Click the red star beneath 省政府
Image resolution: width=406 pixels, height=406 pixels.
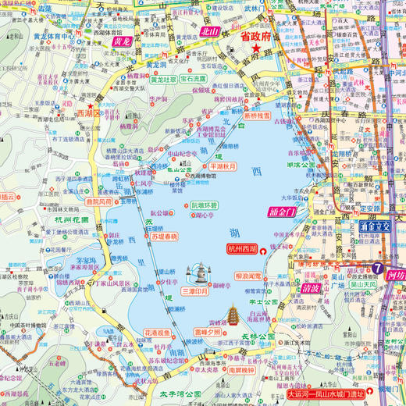pos(255,48)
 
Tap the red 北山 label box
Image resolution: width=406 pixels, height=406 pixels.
pos(210,32)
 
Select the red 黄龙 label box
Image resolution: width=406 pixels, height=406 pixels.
pos(122,41)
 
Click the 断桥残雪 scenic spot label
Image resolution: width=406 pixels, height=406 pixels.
pos(257,116)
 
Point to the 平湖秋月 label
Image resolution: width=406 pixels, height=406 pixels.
pos(223,166)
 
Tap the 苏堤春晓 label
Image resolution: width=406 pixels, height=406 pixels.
pos(165,236)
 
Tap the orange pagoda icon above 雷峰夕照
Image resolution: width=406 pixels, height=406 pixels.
pos(233,316)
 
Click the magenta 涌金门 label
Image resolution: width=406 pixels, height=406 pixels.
pos(280,212)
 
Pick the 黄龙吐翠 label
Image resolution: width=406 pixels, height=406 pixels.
pos(164,79)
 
